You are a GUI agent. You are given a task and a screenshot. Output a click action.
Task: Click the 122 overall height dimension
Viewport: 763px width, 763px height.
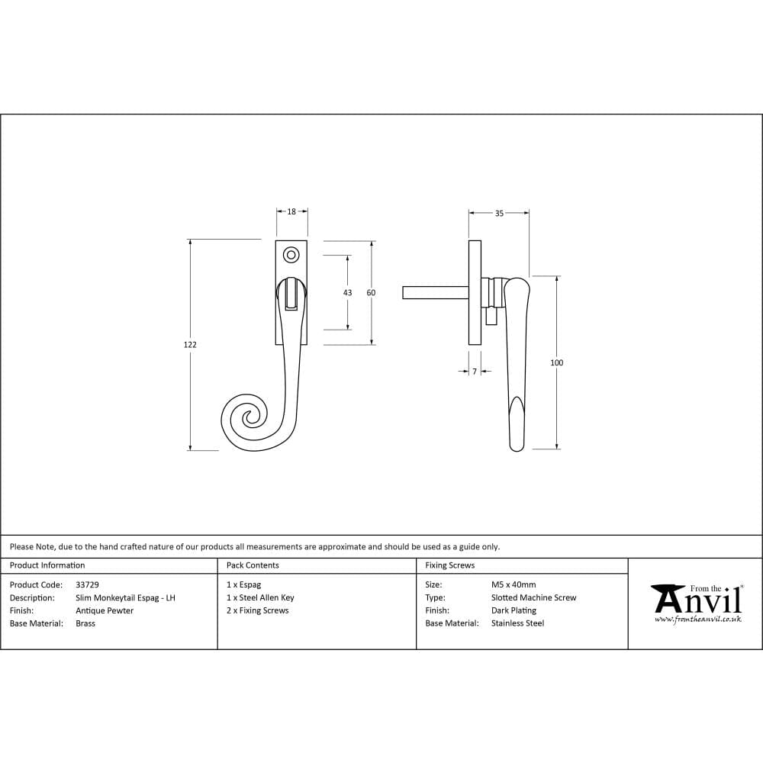(190, 345)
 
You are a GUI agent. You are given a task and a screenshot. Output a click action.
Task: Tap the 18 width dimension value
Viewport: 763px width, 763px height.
(291, 212)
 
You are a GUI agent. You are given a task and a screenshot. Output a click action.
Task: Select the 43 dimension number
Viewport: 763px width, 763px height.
(348, 293)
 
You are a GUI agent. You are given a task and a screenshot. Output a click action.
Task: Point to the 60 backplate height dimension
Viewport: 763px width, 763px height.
(372, 293)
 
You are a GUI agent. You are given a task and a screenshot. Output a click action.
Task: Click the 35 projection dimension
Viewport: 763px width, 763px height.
(499, 214)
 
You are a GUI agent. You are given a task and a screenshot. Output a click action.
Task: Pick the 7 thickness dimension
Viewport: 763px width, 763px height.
(475, 372)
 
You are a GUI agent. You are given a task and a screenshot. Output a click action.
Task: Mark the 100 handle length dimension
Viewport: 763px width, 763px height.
(556, 363)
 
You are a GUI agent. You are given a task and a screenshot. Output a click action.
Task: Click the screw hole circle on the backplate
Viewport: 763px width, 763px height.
(291, 254)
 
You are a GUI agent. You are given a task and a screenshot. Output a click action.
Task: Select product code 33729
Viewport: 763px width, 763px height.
(87, 585)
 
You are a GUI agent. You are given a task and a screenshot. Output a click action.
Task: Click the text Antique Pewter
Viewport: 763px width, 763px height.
(105, 610)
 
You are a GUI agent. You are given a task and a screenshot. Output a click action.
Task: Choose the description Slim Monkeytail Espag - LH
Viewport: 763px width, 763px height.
(125, 598)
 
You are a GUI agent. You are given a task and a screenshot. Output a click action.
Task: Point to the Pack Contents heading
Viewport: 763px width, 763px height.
(253, 565)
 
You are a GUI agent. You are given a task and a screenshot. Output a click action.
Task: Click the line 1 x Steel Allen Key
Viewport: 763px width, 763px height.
(260, 598)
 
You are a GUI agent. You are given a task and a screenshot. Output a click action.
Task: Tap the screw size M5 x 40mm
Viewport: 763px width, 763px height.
(513, 585)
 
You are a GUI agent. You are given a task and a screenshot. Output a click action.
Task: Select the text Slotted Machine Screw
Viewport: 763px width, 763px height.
(533, 598)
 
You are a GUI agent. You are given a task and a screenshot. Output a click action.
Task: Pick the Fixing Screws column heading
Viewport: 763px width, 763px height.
(449, 565)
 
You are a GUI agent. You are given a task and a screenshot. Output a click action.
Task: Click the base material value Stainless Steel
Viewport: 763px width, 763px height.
(517, 623)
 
